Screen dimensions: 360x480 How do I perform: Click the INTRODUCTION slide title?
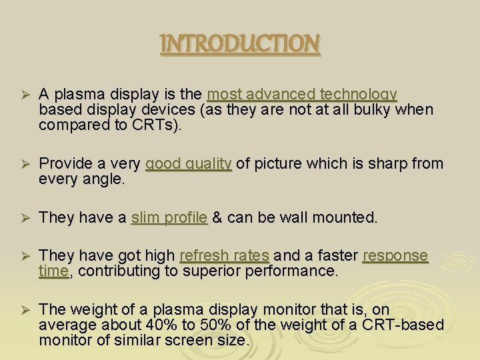coord(240,44)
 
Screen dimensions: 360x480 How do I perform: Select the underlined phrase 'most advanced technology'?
coord(302,94)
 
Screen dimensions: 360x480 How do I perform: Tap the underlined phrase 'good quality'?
coord(189,164)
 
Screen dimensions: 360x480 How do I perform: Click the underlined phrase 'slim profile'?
coord(169,217)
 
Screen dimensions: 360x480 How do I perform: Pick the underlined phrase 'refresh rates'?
coord(225,256)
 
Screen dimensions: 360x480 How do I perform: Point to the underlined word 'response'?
coord(395,256)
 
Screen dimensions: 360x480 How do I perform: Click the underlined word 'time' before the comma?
coord(53,271)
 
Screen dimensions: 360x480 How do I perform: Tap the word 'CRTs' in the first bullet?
coord(156,125)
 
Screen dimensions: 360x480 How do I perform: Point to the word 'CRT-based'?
coord(400,325)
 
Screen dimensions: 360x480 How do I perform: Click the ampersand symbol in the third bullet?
coord(217,217)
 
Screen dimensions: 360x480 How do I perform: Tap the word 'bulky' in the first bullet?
coord(373,109)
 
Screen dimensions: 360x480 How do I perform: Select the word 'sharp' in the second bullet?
coord(392,164)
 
